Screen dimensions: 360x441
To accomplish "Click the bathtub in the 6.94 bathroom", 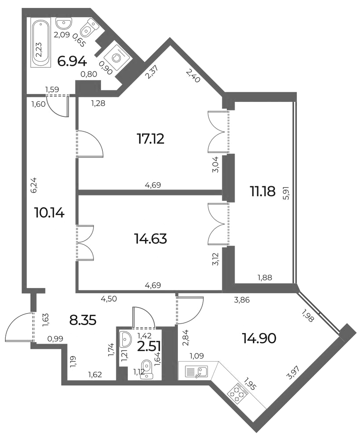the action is (41, 43).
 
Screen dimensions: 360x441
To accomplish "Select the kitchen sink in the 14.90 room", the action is (196, 372).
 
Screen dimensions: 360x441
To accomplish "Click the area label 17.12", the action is (150, 138).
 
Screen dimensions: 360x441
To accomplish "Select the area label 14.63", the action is (150, 239).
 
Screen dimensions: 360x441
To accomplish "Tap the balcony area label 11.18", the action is (262, 191).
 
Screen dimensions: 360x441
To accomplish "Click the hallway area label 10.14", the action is (49, 213).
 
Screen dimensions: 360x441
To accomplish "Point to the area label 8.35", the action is (83, 320).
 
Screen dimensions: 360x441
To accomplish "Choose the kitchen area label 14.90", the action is (259, 338).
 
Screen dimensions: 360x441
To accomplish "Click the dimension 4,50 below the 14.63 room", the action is (109, 299).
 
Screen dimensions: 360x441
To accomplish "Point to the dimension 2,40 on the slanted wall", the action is (193, 75).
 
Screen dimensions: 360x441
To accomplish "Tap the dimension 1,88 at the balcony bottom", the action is (265, 277).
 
